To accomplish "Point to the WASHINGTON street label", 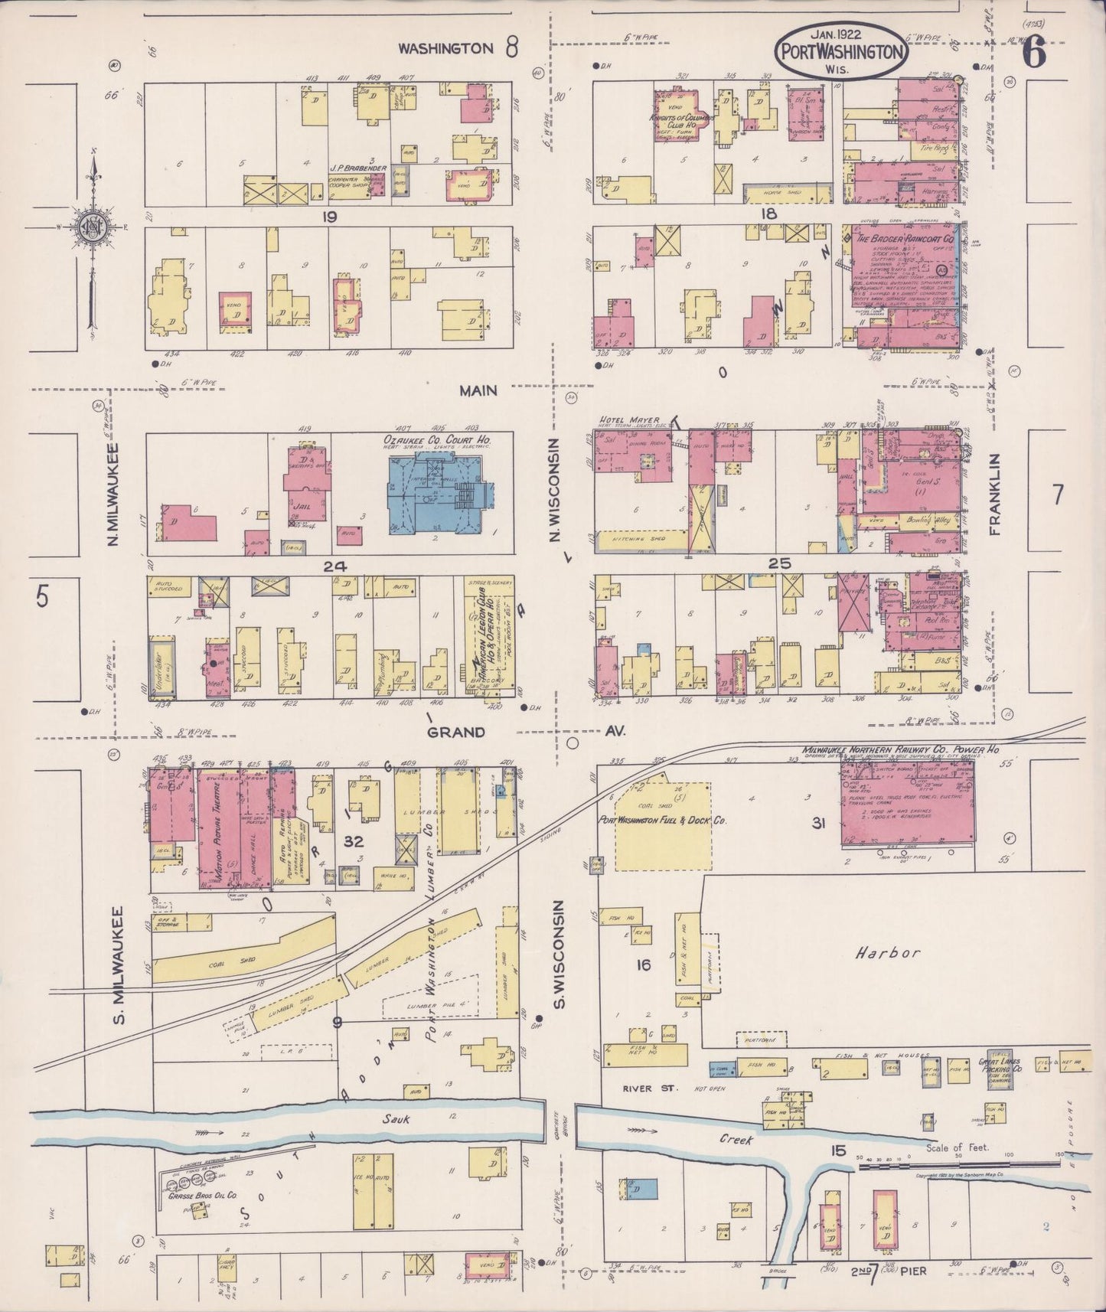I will coord(446,48).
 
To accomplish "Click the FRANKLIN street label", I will coord(996,492).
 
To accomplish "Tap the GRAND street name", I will coord(455,732).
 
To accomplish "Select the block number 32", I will coord(354,841).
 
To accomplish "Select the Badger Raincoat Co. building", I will coord(903,283).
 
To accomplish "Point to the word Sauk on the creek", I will coord(397,1119).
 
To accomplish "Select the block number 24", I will coord(335,566).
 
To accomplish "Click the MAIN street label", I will coord(478,390).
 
